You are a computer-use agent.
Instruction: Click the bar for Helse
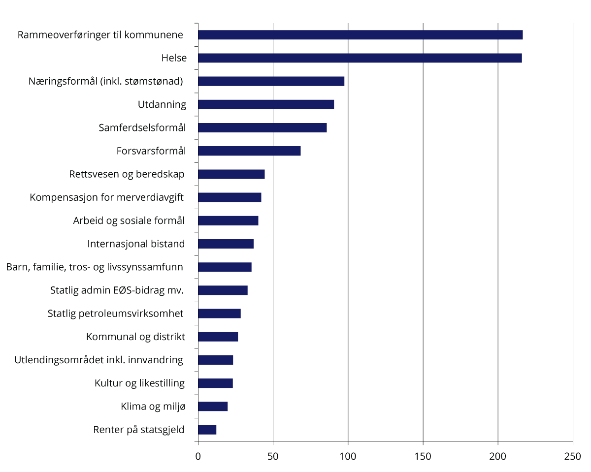coord(360,58)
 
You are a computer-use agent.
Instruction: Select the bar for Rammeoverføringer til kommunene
coord(360,35)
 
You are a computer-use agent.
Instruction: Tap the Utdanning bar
coord(266,104)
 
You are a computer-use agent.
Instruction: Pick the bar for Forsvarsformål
coord(249,151)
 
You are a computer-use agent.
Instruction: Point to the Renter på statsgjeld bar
coord(207,430)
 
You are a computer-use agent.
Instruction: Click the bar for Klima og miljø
coord(213,407)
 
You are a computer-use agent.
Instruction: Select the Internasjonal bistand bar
coord(226,244)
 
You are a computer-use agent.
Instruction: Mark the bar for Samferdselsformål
coord(262,128)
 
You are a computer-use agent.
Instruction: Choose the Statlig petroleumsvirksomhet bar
coord(219,314)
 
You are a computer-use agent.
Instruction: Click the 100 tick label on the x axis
coord(348,457)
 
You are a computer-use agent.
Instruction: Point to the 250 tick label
coord(573,457)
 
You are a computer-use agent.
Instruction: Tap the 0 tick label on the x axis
coord(198,457)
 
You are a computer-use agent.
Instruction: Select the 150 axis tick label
coord(423,457)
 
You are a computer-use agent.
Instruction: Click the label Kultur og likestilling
coord(139,383)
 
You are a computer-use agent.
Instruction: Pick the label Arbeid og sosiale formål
coord(129,220)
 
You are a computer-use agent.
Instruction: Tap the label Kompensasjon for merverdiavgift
coord(106,197)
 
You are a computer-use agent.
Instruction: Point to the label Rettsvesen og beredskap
coord(127,174)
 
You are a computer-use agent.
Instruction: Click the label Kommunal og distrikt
coord(135,337)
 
